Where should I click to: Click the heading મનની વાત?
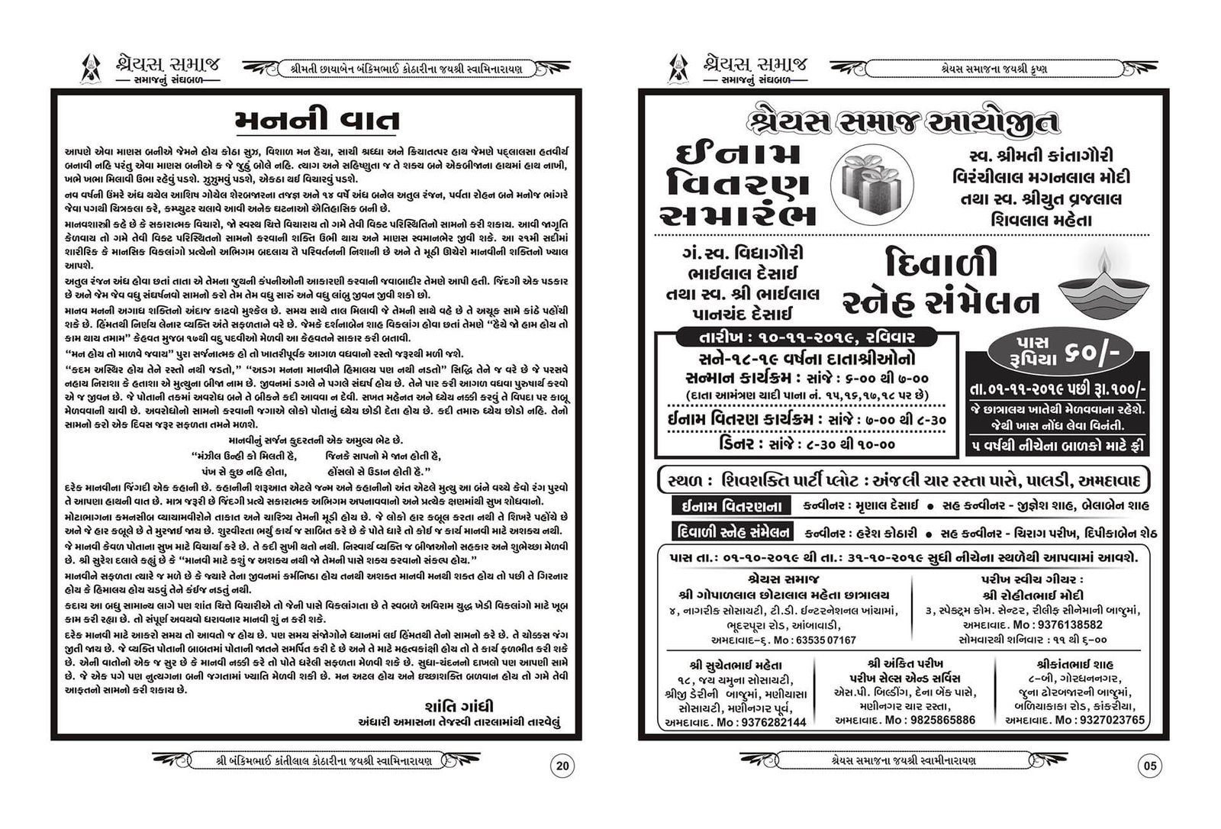click(316, 121)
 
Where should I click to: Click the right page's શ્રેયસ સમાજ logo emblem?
click(678, 69)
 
